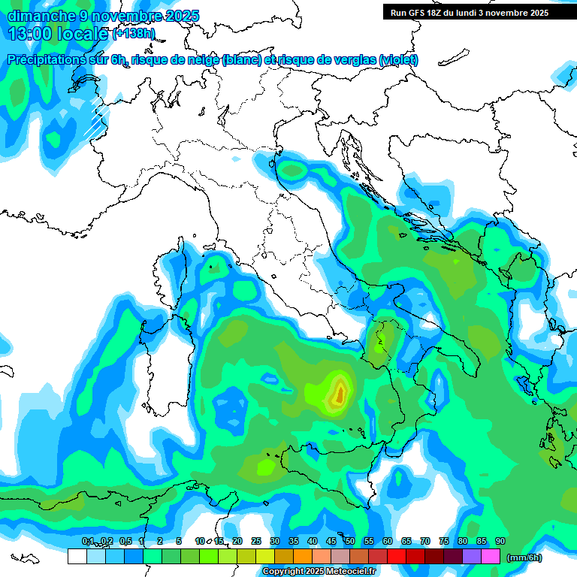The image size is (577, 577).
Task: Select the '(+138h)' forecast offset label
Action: coord(134,34)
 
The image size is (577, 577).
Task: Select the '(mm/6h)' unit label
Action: coord(524,557)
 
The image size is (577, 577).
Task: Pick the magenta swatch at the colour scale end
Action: coord(491,557)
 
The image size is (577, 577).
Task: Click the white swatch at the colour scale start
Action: coord(77,557)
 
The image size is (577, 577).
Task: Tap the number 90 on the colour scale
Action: coord(500,541)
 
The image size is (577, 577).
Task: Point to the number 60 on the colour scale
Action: coord(388,541)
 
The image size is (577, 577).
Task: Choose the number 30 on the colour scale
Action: coord(275,541)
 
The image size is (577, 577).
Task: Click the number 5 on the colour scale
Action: coord(179,541)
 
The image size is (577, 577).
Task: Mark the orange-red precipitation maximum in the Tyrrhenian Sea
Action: coord(340,391)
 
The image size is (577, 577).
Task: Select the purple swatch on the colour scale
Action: coord(472,557)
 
